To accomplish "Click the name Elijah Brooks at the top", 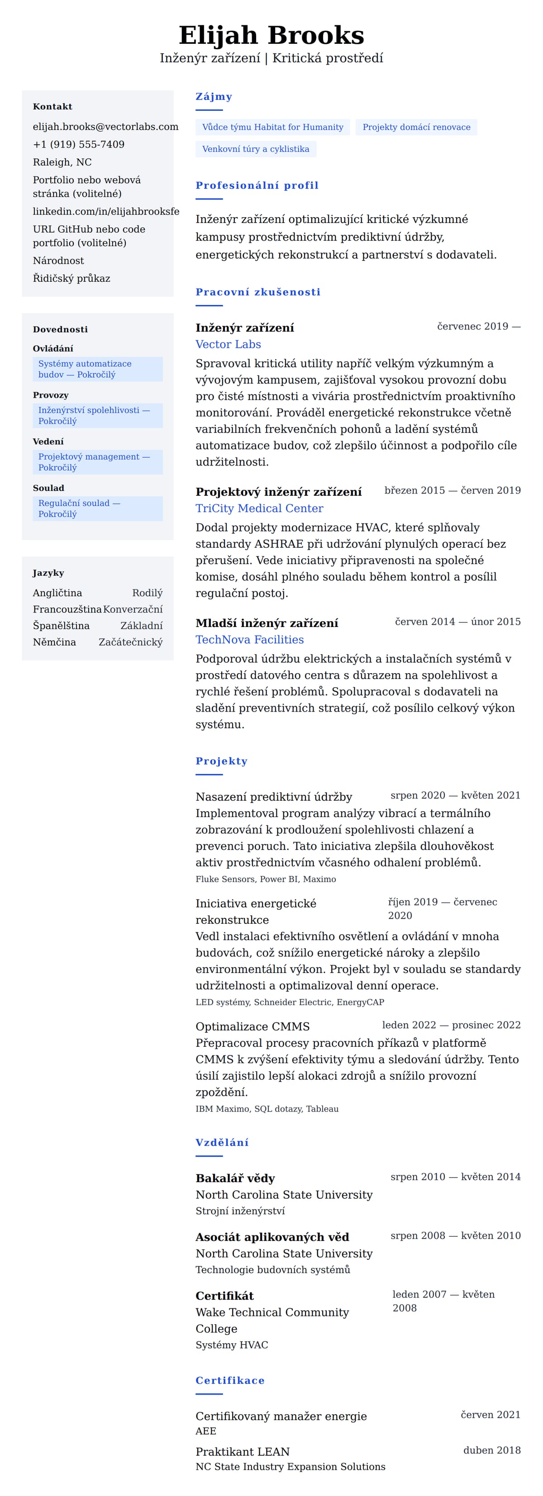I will click(x=271, y=35).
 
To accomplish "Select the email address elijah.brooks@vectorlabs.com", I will click(x=105, y=127).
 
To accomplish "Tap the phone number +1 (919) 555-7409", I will click(x=78, y=145).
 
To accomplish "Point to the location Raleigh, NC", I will click(x=62, y=162).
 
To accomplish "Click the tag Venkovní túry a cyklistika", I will click(x=256, y=149).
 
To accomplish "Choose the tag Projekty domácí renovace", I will click(x=416, y=127).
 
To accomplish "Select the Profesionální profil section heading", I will click(x=257, y=185).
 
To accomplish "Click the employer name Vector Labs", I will click(x=228, y=344).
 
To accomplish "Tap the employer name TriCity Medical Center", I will click(x=259, y=508).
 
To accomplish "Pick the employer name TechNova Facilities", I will click(x=250, y=639).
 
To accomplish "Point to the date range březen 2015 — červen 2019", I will click(x=452, y=490).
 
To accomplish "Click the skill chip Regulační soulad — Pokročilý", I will click(x=97, y=509).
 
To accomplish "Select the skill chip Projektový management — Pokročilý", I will click(x=97, y=462).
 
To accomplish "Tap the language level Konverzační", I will click(x=133, y=609).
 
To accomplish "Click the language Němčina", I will click(x=54, y=642).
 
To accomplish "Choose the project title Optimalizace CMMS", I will click(x=252, y=1026).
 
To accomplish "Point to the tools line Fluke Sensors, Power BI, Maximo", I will click(x=266, y=879).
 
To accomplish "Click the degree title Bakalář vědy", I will click(x=235, y=1178).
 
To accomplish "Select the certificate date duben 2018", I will click(x=491, y=1450).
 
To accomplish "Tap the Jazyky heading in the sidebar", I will click(x=48, y=573).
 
